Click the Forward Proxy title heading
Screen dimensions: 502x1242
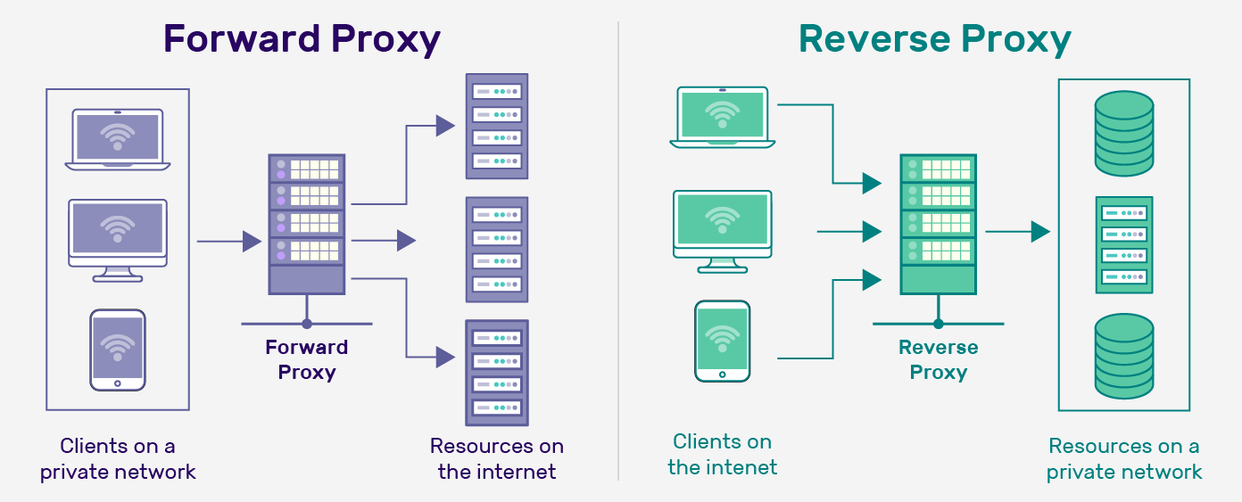(x=302, y=39)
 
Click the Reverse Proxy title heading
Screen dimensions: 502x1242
(x=934, y=39)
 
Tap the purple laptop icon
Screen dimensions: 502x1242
(x=118, y=139)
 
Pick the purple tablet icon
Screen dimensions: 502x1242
(x=118, y=350)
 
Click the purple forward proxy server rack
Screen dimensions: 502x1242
(x=307, y=224)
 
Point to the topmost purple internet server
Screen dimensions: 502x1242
(x=497, y=126)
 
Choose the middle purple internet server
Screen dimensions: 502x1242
(x=497, y=250)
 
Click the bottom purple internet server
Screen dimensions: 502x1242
(x=497, y=373)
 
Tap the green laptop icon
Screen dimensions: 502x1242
(x=723, y=117)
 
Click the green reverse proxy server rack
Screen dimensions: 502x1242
(x=938, y=224)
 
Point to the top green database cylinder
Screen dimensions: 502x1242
(x=1124, y=133)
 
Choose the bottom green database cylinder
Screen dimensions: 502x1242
(x=1124, y=357)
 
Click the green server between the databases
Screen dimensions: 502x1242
(x=1124, y=245)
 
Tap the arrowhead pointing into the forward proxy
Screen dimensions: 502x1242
(x=252, y=241)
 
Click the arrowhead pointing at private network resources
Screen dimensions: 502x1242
(x=1039, y=232)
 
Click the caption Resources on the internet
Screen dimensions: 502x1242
(x=497, y=458)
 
